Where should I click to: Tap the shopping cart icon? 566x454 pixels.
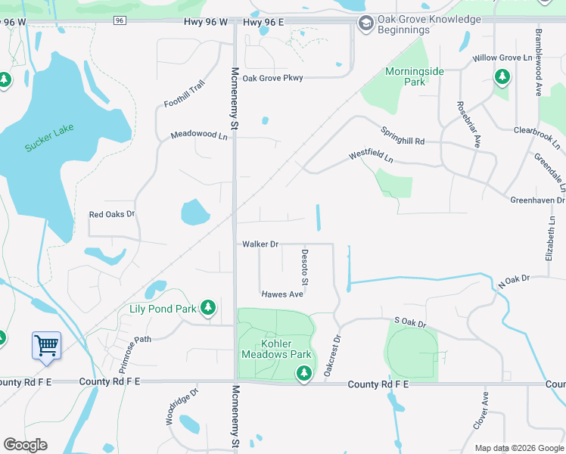coord(47,346)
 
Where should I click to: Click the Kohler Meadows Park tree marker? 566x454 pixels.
coord(303,372)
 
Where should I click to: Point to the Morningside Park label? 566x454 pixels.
coord(405,76)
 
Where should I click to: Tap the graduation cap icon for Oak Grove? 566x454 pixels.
coord(366,24)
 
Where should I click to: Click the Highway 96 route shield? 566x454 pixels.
coord(120,21)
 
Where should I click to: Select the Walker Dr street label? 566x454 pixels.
coord(261,244)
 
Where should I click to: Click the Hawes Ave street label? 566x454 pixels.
coord(282,294)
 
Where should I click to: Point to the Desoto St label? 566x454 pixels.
coord(305,267)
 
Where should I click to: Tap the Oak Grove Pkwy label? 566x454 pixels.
coord(272,78)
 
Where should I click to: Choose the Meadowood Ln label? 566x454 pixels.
coord(199,135)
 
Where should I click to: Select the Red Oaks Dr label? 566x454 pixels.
coord(111,215)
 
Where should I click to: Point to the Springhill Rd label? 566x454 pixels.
coord(403,135)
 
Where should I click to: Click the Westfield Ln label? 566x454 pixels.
coord(371,157)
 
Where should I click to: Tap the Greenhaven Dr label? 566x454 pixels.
coord(537,200)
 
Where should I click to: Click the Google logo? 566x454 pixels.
coord(25,445)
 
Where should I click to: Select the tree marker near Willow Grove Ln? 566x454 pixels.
coord(502,76)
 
